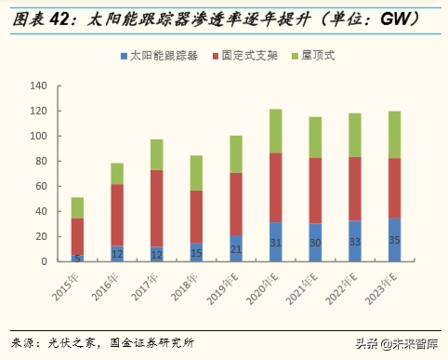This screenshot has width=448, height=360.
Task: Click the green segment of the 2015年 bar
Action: (x=77, y=207)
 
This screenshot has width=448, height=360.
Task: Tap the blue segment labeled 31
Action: (x=276, y=242)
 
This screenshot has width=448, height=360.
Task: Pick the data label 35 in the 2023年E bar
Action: (x=395, y=241)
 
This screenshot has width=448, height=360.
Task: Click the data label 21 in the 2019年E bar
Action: (x=236, y=248)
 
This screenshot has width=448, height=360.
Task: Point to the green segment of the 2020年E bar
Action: (x=276, y=131)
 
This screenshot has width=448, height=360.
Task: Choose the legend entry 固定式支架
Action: (x=252, y=56)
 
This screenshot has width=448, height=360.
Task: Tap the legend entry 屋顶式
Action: (x=318, y=56)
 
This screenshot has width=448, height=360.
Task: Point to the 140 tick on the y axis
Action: (x=38, y=87)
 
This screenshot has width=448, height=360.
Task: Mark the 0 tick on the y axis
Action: (x=44, y=261)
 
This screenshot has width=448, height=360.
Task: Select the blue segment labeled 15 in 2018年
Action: (x=197, y=252)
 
